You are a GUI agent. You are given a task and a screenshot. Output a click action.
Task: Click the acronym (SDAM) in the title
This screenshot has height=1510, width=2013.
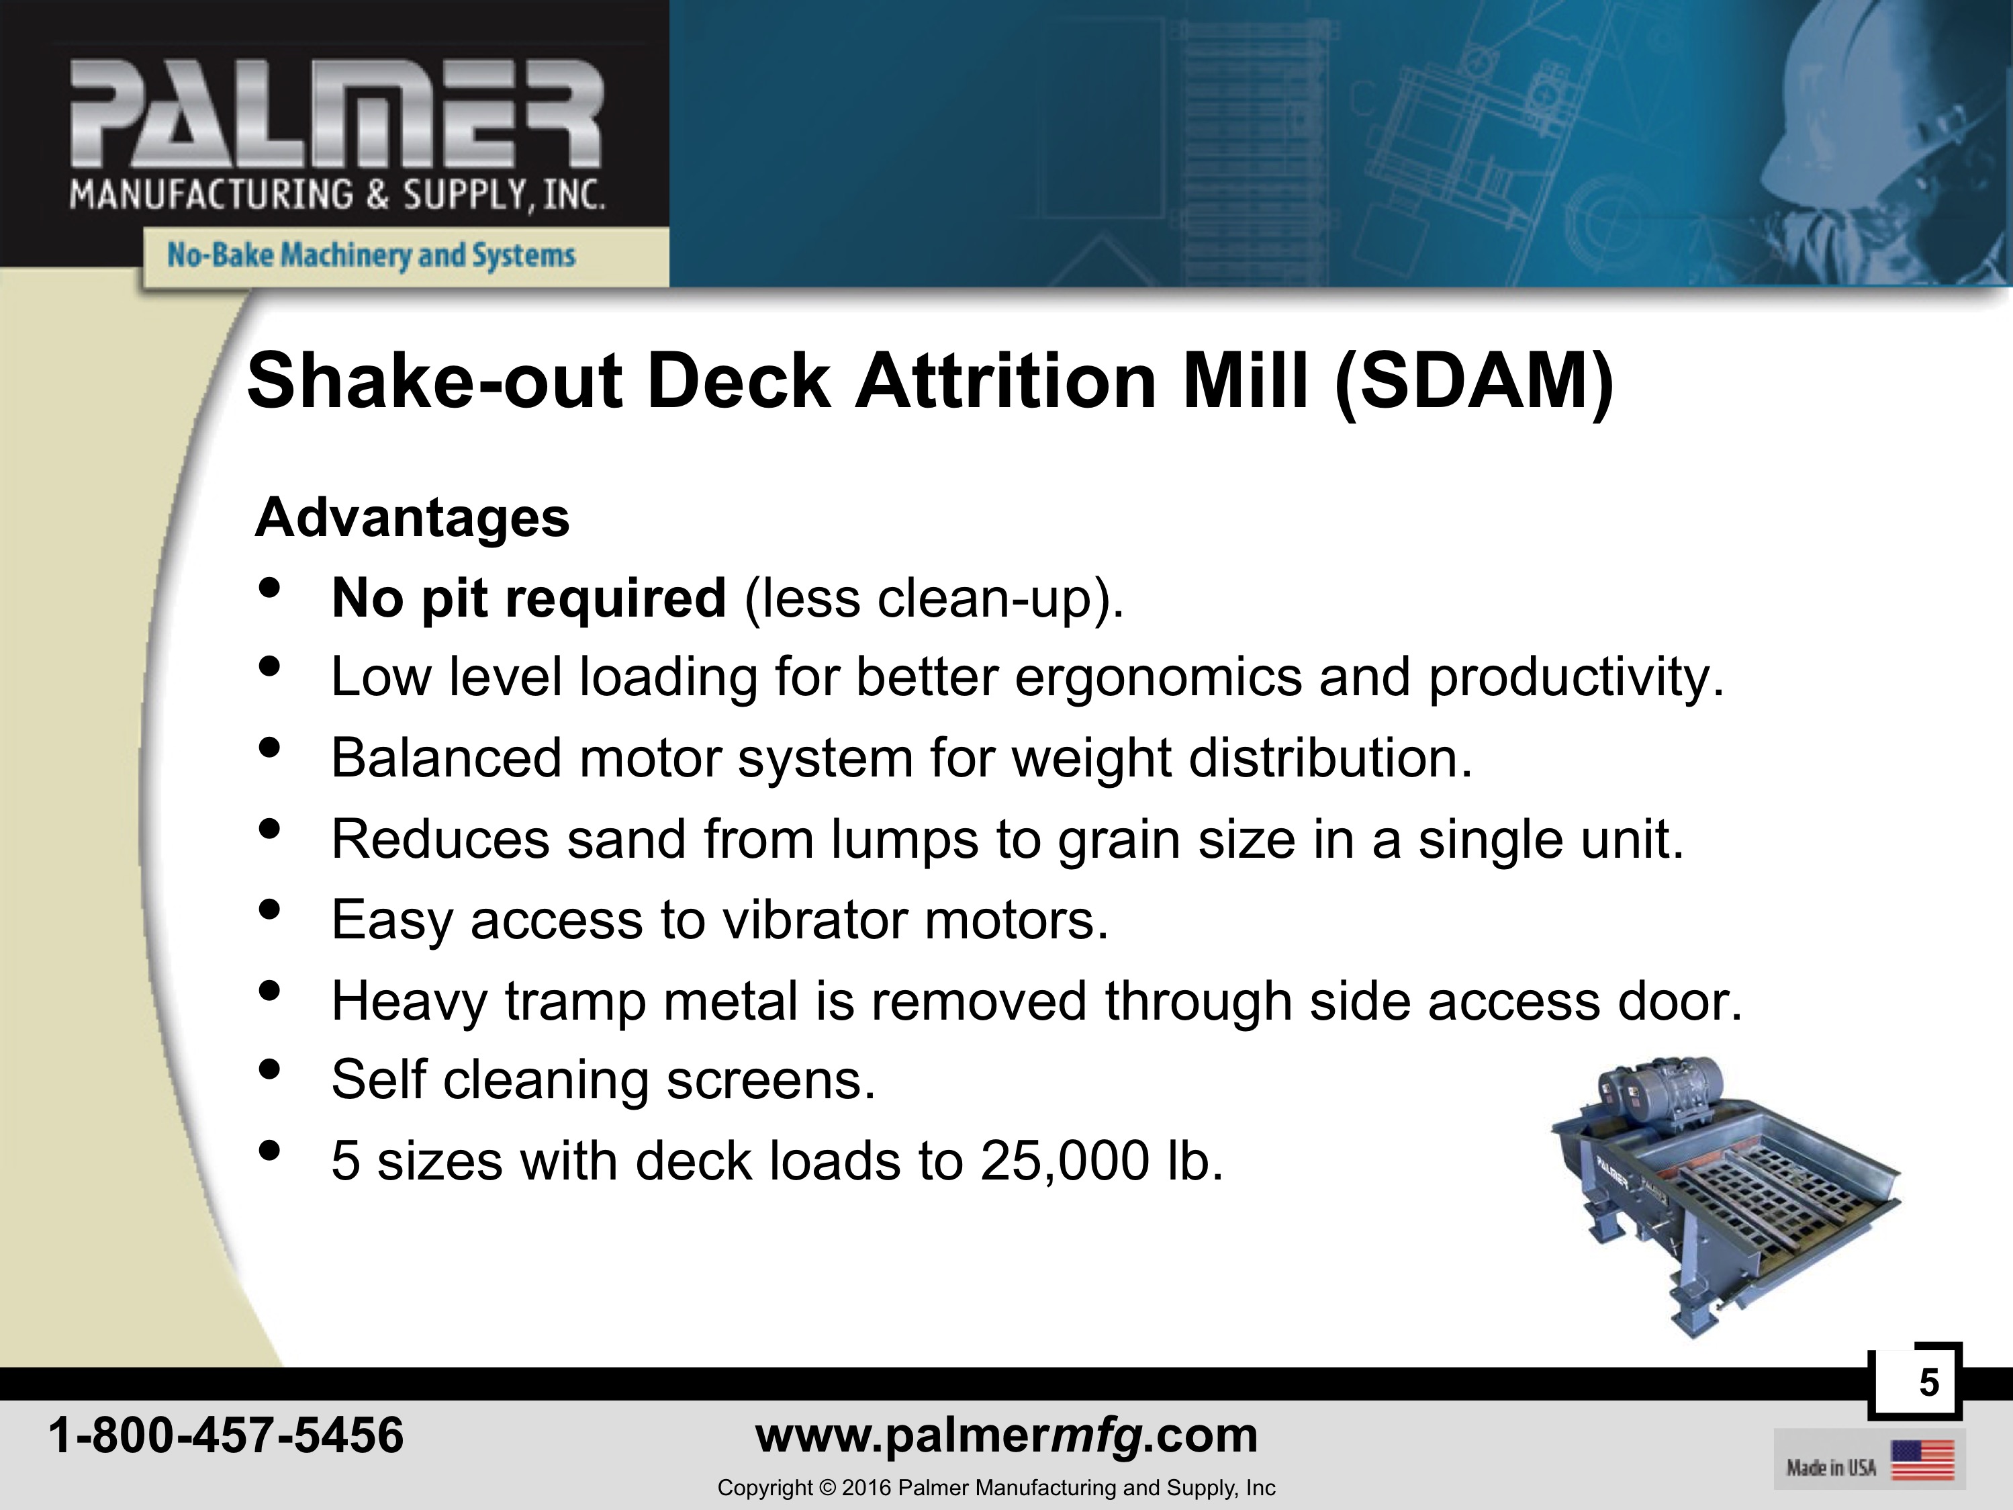pyautogui.click(x=1474, y=382)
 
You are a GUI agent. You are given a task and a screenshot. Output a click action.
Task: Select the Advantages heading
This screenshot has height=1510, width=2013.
pyautogui.click(x=412, y=519)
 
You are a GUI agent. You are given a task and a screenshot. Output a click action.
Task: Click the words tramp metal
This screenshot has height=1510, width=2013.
pyautogui.click(x=651, y=1002)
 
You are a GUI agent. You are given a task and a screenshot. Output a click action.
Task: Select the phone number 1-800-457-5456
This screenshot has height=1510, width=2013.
pyautogui.click(x=226, y=1436)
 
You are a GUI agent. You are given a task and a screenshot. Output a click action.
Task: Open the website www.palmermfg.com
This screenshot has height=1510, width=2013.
pyautogui.click(x=1006, y=1436)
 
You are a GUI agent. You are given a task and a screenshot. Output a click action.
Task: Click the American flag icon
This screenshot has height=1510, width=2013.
pyautogui.click(x=1922, y=1460)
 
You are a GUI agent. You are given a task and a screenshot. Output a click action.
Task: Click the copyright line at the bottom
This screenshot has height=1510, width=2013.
pyautogui.click(x=996, y=1488)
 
